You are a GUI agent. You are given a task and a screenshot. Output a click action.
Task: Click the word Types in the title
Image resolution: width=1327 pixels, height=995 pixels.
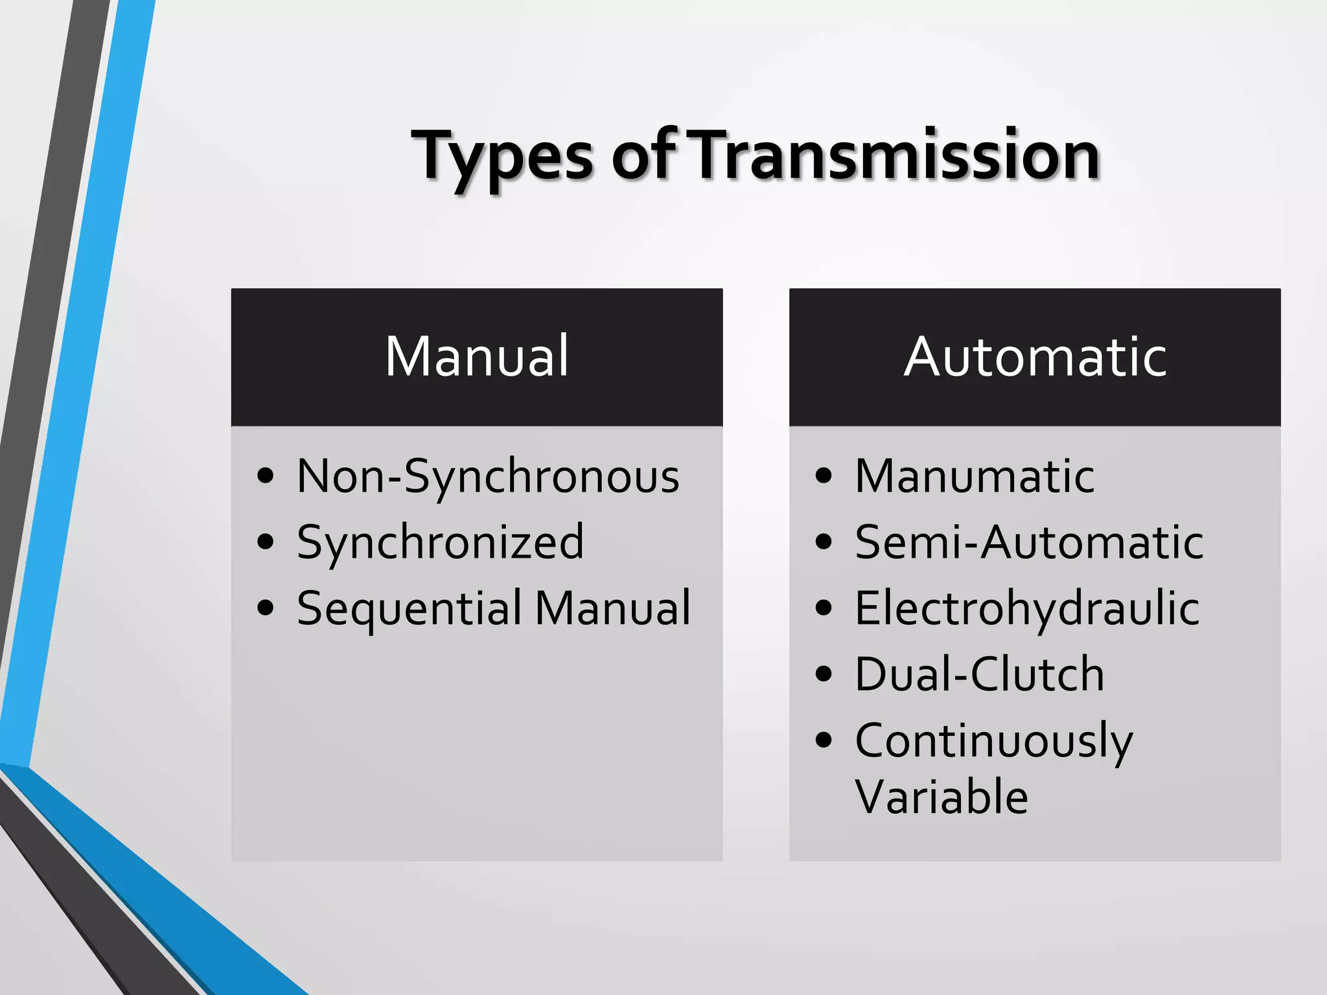(502, 157)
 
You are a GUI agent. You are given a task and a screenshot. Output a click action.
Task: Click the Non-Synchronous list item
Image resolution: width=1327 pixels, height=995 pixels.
(488, 476)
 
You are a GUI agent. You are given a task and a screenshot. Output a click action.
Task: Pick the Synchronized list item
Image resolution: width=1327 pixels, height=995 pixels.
(440, 542)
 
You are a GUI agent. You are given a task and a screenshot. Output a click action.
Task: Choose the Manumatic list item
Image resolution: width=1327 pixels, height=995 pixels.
(975, 476)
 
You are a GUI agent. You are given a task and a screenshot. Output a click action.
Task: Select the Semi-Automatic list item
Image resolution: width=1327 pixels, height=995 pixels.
(1029, 542)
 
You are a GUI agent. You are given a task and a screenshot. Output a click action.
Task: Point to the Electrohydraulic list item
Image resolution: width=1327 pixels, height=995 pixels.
(1027, 609)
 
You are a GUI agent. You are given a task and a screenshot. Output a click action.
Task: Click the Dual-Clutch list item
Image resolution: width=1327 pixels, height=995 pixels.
(979, 674)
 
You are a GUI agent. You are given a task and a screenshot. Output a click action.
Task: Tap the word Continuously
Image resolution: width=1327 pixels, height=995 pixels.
(993, 742)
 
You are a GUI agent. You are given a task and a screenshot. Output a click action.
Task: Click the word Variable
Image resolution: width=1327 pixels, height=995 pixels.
(941, 797)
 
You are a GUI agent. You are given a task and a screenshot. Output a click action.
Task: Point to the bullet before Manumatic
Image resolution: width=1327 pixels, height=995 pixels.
(824, 476)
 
